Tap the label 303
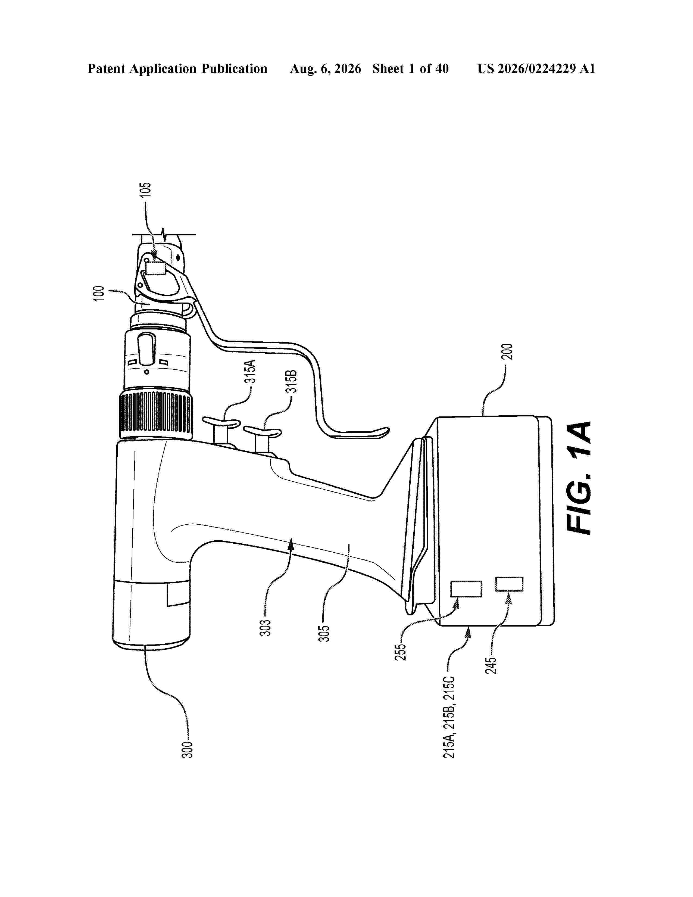pos(265,628)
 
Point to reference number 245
pos(491,665)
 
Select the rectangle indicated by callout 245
pos(509,584)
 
